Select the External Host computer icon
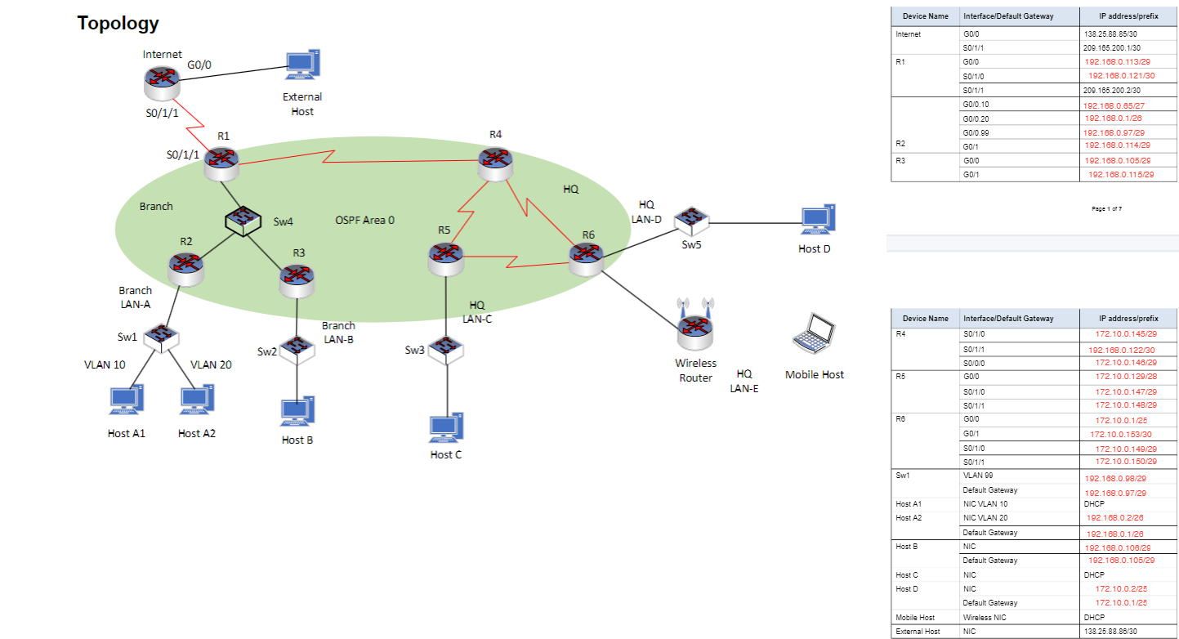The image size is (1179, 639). (x=302, y=65)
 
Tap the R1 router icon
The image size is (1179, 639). (x=222, y=163)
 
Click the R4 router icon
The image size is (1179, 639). (x=495, y=163)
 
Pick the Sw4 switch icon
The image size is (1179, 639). (x=243, y=221)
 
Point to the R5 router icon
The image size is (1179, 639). (x=445, y=258)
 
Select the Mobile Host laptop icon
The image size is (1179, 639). (x=814, y=334)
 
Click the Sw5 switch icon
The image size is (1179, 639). (x=692, y=219)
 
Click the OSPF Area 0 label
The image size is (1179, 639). (x=364, y=220)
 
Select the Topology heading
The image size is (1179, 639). (x=118, y=23)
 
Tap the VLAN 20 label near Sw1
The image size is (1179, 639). (x=211, y=364)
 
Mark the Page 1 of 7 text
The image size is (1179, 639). (x=1106, y=209)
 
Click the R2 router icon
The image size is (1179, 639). (x=186, y=267)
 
